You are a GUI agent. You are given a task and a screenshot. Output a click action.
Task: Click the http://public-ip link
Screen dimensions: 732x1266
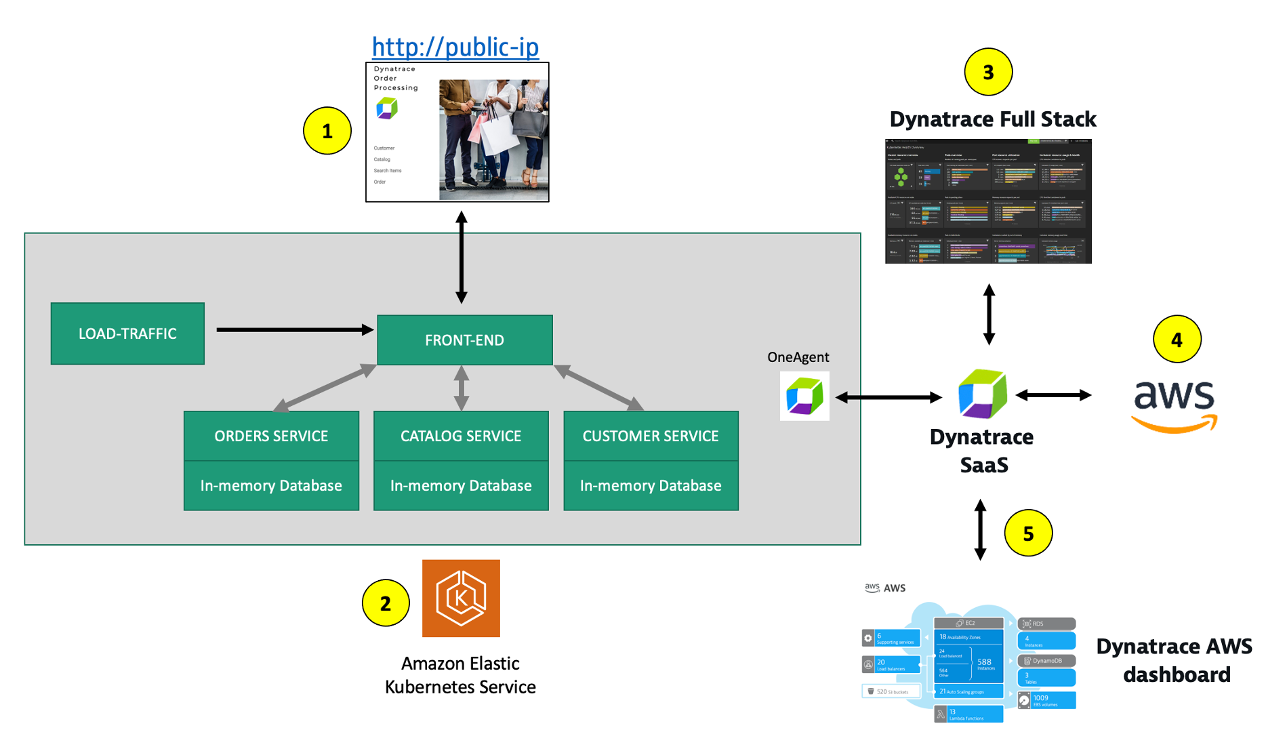pos(455,47)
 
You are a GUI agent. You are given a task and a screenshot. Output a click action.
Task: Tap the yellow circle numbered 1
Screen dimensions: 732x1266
pos(327,131)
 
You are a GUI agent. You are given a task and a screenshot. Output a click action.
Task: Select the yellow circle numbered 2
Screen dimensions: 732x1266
pos(386,603)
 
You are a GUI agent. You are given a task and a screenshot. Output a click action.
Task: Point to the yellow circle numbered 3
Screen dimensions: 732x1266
pos(988,72)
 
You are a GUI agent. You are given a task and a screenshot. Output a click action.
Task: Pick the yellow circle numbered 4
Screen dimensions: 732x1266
pos(1177,339)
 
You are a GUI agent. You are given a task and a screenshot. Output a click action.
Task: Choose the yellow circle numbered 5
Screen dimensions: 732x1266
pos(1028,533)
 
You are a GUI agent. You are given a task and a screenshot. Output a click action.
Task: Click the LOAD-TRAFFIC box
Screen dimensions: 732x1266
pos(127,333)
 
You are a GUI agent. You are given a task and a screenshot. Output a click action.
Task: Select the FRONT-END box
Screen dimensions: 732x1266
pos(464,340)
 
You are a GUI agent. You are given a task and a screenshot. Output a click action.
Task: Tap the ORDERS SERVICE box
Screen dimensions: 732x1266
pos(271,436)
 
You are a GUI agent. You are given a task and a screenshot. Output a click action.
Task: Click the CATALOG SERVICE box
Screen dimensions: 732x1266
pos(461,436)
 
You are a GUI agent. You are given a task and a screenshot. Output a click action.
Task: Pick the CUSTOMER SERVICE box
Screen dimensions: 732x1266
pos(651,436)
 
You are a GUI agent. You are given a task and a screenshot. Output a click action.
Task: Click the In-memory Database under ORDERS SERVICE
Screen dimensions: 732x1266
pos(271,486)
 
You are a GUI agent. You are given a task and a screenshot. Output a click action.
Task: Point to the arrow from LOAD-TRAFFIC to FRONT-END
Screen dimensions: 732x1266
pos(295,330)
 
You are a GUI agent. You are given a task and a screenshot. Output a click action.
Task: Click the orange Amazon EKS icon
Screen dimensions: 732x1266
pos(461,598)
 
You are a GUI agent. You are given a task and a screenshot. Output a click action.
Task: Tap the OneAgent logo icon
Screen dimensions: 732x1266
pos(804,396)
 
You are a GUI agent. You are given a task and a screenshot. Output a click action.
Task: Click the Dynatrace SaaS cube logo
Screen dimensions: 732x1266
pos(982,394)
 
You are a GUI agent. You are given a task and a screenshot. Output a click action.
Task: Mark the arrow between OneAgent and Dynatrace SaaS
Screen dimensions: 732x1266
pos(889,398)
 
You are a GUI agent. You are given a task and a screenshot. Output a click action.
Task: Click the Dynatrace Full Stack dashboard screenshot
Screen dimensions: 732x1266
pos(988,201)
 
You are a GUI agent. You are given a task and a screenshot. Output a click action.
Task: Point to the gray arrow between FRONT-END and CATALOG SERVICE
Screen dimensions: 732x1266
pos(462,388)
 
